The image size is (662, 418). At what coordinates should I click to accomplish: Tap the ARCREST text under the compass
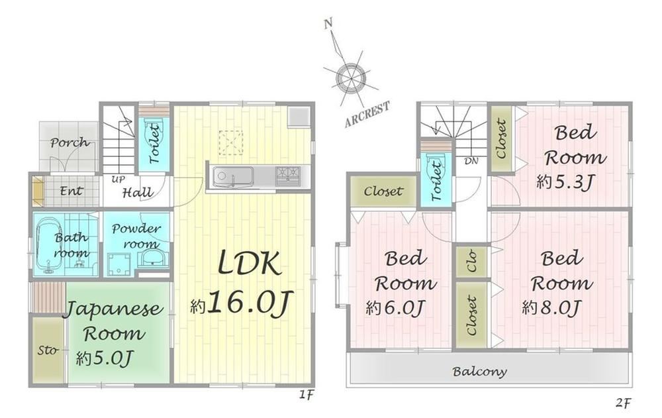click(x=367, y=115)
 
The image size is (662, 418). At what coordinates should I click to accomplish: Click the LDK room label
click(x=251, y=266)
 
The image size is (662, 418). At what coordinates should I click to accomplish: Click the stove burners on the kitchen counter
click(x=289, y=174)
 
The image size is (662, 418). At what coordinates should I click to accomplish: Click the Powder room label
click(x=135, y=236)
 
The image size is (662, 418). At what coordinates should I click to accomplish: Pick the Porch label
click(x=70, y=142)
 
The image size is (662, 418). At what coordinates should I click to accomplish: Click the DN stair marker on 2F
click(x=471, y=161)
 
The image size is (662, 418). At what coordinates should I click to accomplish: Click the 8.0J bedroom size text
click(x=551, y=308)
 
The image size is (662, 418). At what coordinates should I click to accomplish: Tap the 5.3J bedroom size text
click(x=564, y=183)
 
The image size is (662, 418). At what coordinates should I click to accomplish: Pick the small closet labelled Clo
click(x=471, y=261)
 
